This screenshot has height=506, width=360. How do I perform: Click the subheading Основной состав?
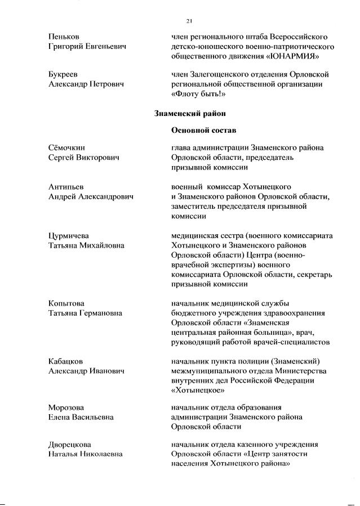[x=202, y=131]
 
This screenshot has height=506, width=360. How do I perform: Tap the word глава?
[x=181, y=147]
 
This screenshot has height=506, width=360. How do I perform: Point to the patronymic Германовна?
[x=108, y=313]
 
